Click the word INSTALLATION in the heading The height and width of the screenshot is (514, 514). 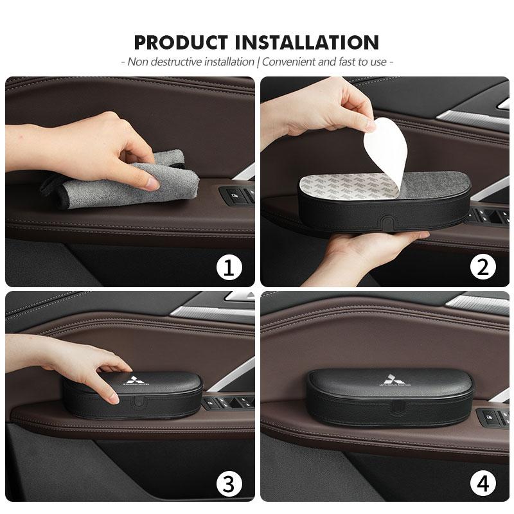[308, 42]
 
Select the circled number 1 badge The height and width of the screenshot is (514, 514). [228, 267]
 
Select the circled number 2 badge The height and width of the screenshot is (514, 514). [483, 267]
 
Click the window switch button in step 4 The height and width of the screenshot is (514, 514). [490, 418]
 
